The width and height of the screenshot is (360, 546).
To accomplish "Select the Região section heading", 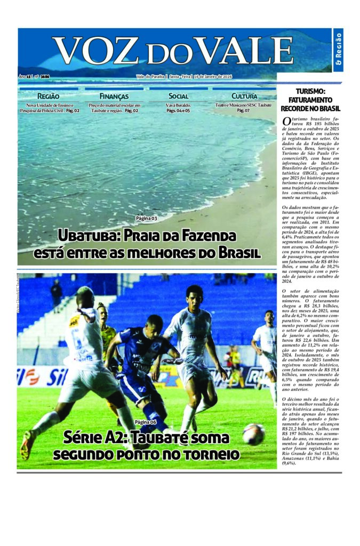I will (x=49, y=96).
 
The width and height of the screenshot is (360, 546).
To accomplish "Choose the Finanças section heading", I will (x=114, y=96).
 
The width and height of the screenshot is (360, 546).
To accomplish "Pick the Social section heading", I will (x=178, y=96).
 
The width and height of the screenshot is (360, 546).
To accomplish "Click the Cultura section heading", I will (x=244, y=96).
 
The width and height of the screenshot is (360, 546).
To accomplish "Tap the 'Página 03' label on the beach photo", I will (x=146, y=219).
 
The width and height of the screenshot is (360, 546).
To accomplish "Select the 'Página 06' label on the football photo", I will (x=146, y=422).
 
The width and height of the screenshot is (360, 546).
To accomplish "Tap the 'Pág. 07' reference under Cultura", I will (x=244, y=110).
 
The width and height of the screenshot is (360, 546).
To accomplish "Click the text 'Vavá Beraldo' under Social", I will (x=178, y=106).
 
